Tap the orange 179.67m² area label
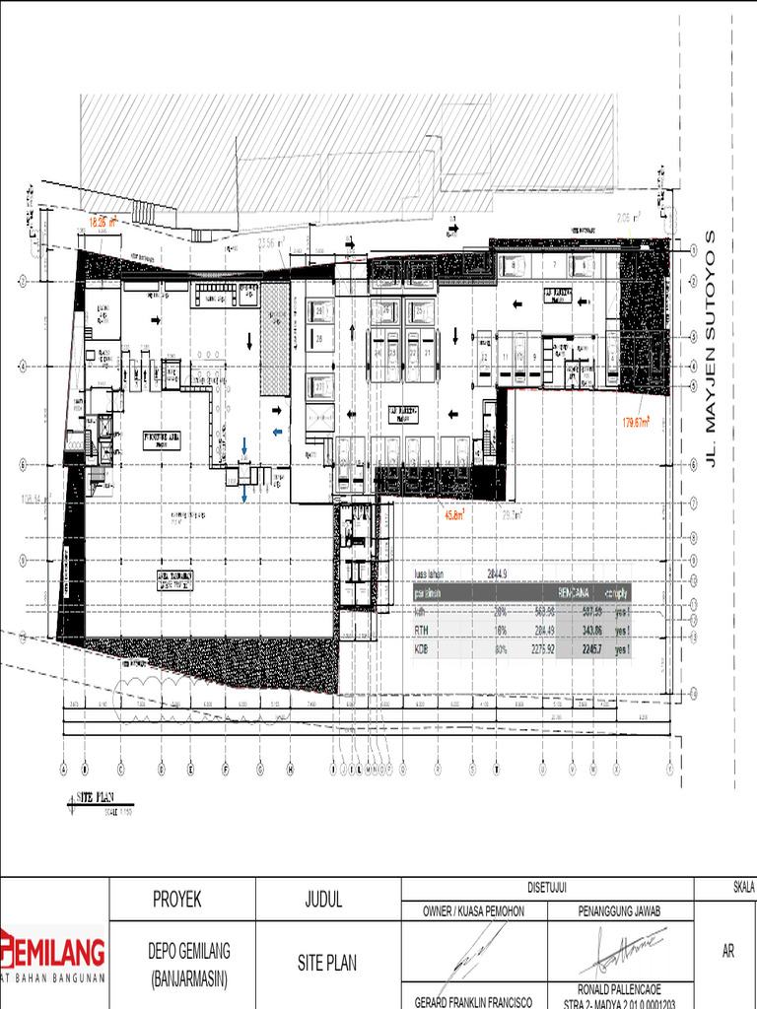(636, 422)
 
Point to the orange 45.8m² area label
(454, 513)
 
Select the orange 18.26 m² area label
(102, 223)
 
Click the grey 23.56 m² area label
(271, 241)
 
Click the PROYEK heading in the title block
(177, 899)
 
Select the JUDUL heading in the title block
(324, 899)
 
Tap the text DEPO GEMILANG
(189, 951)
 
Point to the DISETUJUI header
(548, 886)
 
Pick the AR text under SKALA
(728, 952)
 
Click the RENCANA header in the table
(574, 593)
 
